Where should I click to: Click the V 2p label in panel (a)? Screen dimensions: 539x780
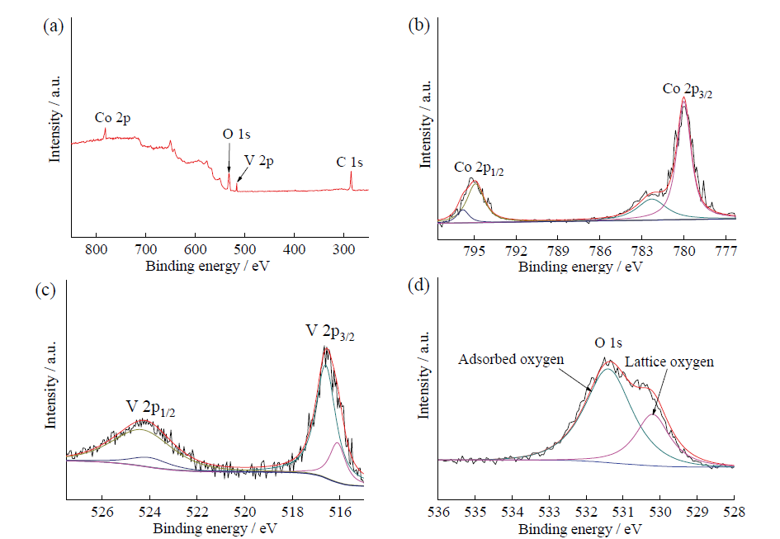[258, 162]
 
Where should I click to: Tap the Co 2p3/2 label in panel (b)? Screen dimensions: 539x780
[688, 89]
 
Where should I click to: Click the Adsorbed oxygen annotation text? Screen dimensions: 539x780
[512, 360]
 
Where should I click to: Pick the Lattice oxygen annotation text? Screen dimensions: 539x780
[669, 362]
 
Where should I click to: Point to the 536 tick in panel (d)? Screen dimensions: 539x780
[439, 512]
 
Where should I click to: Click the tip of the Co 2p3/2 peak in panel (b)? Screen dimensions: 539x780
[683, 97]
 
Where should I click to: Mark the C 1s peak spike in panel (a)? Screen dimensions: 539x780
[351, 173]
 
